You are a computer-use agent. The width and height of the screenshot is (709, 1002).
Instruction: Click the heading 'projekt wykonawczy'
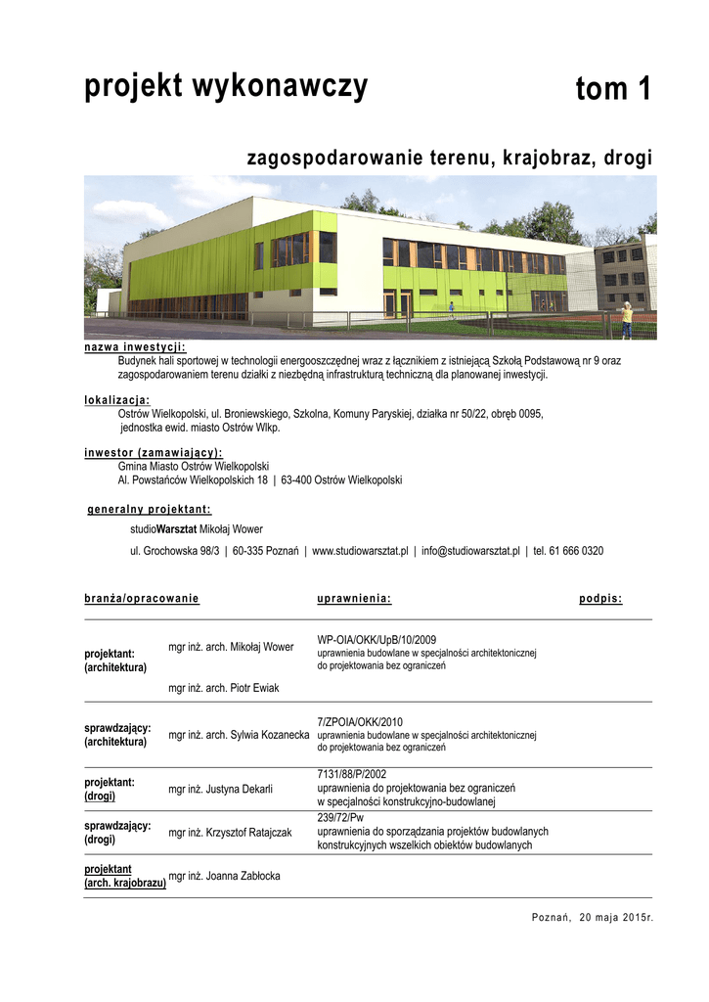pos(226,87)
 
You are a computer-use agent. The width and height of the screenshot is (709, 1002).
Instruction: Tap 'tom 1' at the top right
pos(612,89)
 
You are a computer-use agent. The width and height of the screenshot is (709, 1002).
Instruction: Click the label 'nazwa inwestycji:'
pos(135,347)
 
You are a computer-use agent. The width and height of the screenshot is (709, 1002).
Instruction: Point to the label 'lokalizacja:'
pos(117,400)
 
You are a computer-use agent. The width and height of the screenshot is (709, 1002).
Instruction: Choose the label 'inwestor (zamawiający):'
pos(154,453)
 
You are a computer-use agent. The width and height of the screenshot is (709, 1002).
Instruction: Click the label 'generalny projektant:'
pos(150,510)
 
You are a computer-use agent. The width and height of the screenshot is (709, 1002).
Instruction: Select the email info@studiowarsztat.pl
pos(470,551)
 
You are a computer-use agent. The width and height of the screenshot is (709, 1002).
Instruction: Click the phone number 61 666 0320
pos(577,551)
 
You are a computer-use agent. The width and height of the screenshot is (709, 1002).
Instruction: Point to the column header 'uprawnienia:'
pos(354,598)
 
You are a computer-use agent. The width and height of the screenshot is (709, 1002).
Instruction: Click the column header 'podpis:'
pos(600,598)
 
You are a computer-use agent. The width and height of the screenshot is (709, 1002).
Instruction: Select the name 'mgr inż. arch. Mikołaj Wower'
pos(231,647)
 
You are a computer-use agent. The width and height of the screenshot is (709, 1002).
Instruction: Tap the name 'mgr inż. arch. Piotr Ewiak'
pos(224,688)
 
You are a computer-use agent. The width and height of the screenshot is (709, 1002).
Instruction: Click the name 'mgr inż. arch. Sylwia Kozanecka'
pos(239,735)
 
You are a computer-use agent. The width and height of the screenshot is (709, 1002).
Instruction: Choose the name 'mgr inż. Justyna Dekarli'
pos(220,789)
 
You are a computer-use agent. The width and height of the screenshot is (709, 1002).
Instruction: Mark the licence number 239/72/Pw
pos(341,817)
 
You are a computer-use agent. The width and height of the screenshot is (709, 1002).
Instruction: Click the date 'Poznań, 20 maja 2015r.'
pos(592,917)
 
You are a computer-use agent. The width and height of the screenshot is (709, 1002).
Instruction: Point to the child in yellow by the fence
pos(626,320)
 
